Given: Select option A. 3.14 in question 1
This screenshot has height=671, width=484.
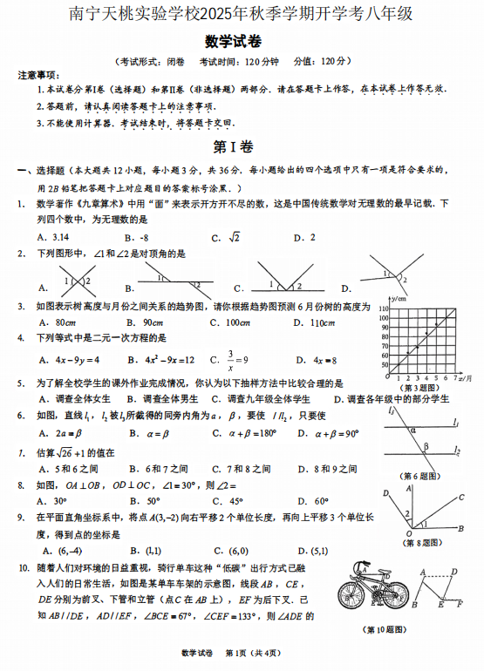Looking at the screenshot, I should pos(53,236).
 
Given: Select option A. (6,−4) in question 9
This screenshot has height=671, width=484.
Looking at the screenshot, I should pos(62,550).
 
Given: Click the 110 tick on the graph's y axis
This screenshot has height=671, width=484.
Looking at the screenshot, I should pos(382,308).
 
